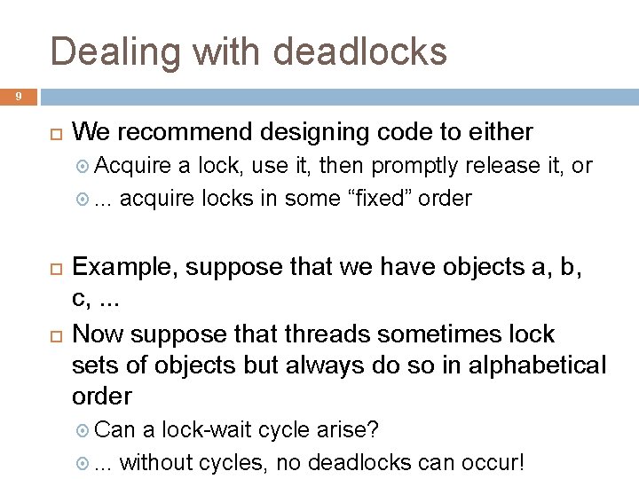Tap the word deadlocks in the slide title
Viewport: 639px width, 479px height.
point(360,52)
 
